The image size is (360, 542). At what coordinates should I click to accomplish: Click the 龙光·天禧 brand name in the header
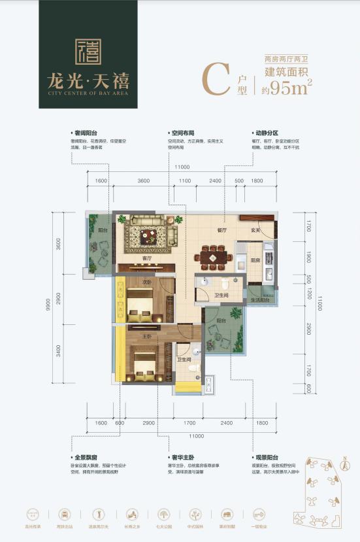tap(88, 82)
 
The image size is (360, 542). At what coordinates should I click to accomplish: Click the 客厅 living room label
tap(147, 259)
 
